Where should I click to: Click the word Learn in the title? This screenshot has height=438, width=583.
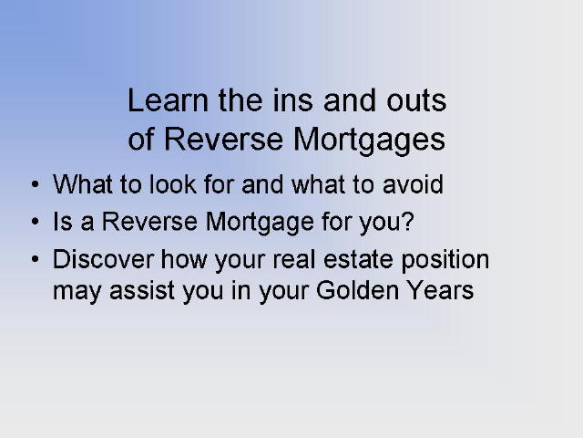tap(168, 100)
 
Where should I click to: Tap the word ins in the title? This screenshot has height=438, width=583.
tap(293, 100)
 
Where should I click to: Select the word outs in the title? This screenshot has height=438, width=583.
tap(416, 101)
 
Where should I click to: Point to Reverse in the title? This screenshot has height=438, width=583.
tap(223, 139)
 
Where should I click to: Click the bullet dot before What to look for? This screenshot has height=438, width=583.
tap(36, 184)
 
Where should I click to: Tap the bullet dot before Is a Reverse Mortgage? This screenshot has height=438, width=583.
tap(36, 222)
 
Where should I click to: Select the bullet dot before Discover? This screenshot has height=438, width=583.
tap(36, 259)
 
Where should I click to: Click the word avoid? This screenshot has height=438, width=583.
tap(413, 184)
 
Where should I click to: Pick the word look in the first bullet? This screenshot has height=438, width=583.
tap(173, 184)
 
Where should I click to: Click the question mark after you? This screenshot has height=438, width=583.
tap(408, 221)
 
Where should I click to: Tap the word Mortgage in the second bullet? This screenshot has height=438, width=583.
tap(260, 223)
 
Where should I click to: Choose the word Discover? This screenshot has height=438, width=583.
tap(103, 259)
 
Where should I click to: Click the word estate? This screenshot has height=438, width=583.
tap(358, 259)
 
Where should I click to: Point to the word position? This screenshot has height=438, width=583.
tap(445, 261)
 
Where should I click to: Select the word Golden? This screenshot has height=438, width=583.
tap(357, 290)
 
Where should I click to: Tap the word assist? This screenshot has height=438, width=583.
tap(142, 290)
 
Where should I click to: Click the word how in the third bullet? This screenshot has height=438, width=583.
tap(184, 259)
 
